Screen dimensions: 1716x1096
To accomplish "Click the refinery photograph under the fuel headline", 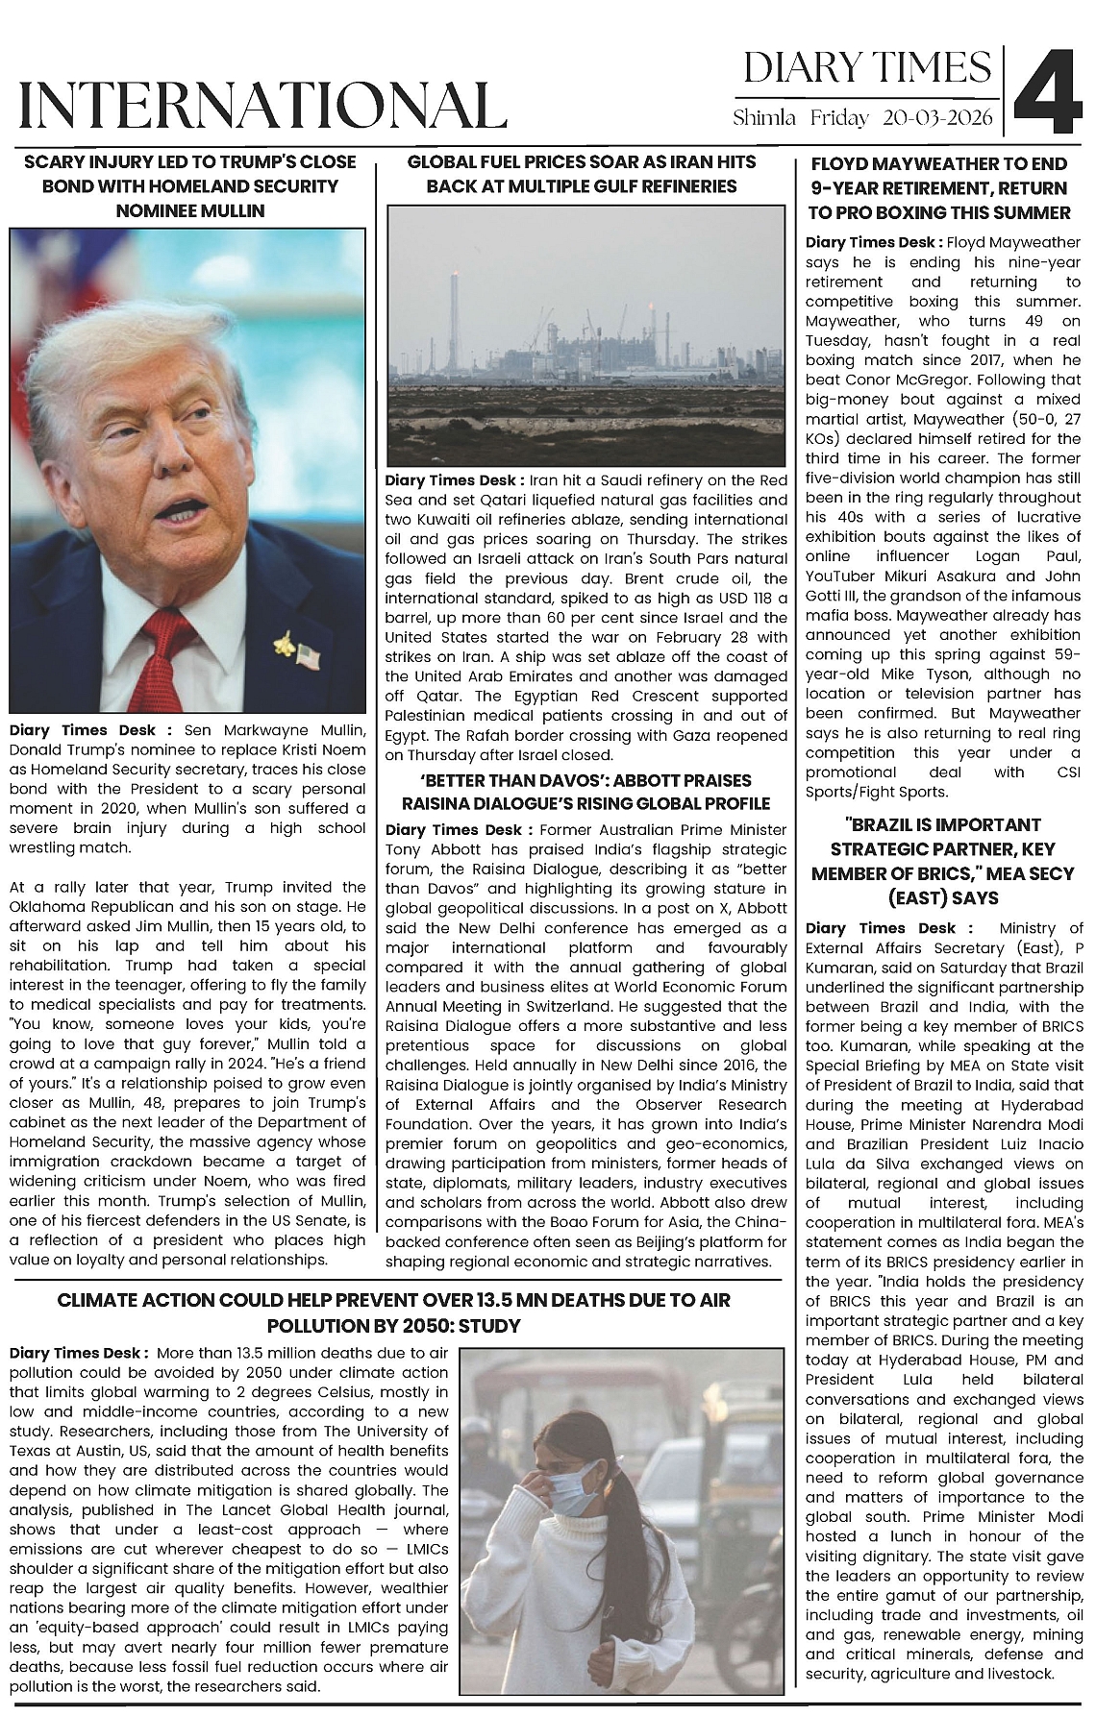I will coord(586,336).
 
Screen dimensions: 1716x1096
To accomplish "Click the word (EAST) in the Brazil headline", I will coord(907,897).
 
